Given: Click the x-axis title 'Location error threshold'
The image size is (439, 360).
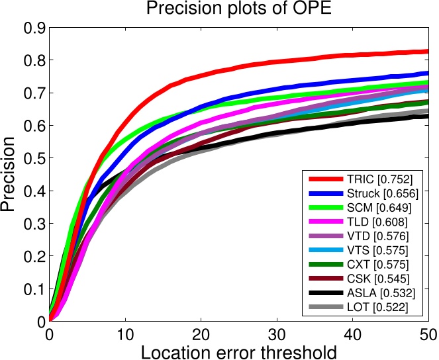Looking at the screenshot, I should pos(239,350).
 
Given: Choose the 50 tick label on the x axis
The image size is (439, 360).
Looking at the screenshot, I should pos(428,334).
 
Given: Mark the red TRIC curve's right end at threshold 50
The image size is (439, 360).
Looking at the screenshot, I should pos(428,51).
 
